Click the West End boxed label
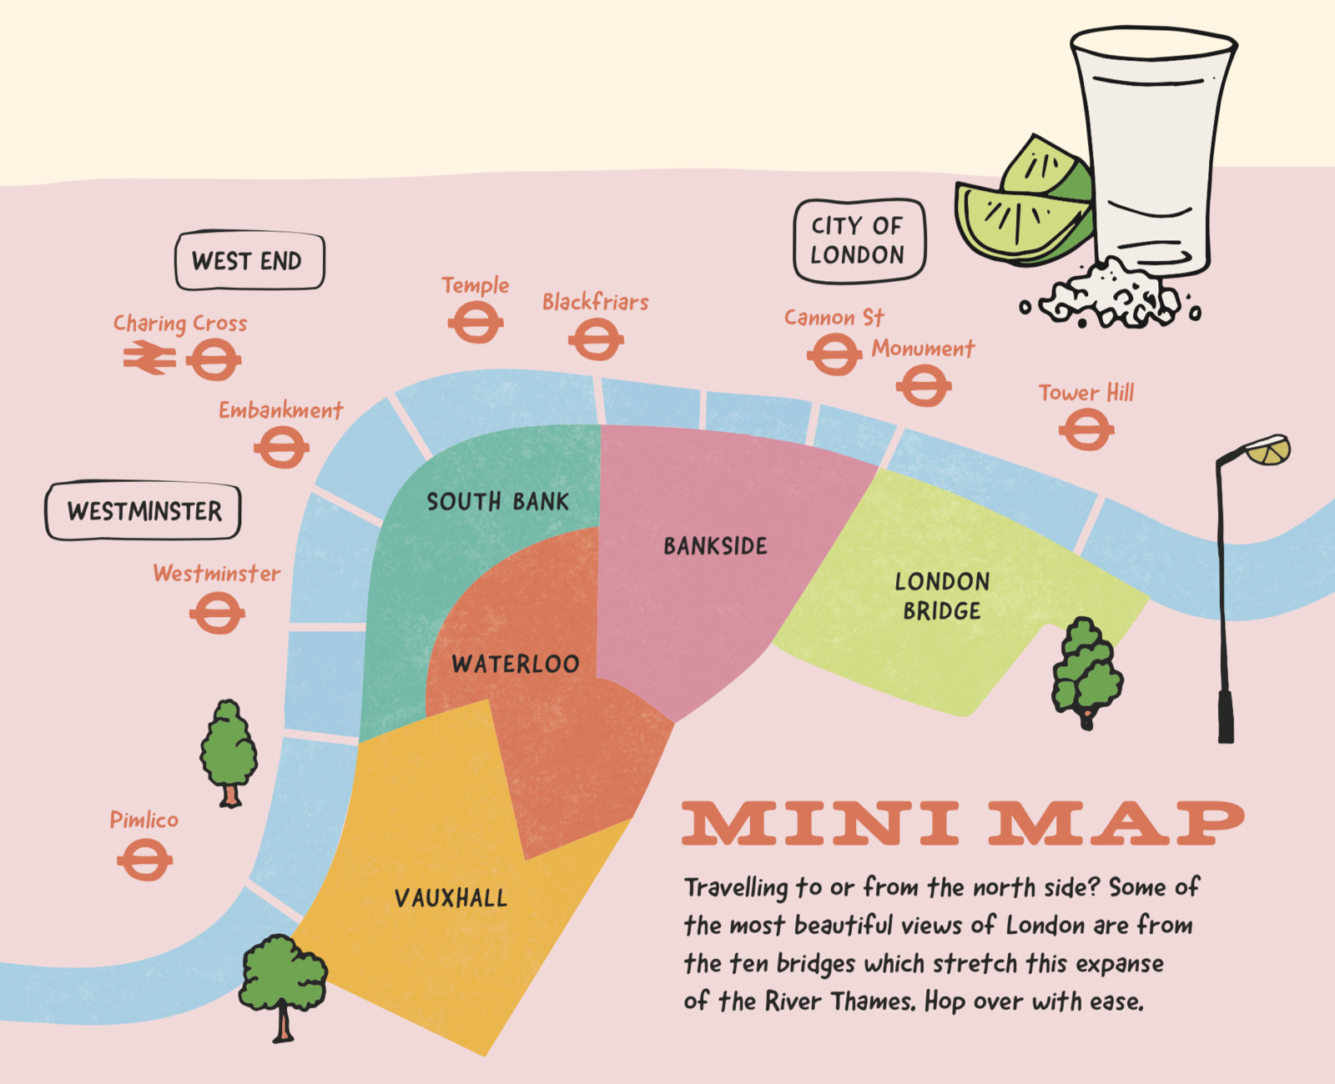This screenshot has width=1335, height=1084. tap(249, 261)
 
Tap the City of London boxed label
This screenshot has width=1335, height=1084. tap(859, 240)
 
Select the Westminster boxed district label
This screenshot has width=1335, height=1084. tap(144, 510)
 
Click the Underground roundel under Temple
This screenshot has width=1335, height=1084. tap(475, 323)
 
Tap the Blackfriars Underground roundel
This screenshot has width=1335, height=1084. tap(596, 340)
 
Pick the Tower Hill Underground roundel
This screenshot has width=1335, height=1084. tap(1086, 430)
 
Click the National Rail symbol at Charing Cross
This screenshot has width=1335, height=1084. tap(149, 359)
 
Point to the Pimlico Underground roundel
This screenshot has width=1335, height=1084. tap(144, 860)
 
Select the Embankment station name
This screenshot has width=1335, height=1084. tap(280, 410)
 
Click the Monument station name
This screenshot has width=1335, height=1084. tap(923, 349)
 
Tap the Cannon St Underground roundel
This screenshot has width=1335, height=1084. tap(834, 355)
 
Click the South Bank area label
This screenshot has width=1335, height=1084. tap(497, 501)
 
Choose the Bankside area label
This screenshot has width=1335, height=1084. tap(715, 546)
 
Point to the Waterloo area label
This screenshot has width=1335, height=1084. tap(515, 664)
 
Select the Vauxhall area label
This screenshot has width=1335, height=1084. tap(451, 898)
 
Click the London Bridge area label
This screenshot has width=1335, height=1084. tap(942, 595)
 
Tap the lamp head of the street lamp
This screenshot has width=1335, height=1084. tap(1267, 450)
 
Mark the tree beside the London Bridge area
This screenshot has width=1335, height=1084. tap(1085, 671)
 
